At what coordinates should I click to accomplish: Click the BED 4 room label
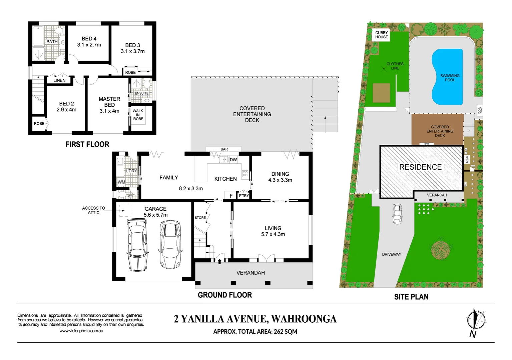click(89, 39)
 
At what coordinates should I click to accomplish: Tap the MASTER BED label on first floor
click(109, 102)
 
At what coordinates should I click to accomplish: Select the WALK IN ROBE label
click(138, 115)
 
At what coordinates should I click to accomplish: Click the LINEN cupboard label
click(59, 80)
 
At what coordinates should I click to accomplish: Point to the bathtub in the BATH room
click(38, 36)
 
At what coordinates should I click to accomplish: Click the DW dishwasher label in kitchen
click(233, 160)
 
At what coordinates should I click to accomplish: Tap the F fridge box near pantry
click(231, 196)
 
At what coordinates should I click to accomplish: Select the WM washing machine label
click(121, 182)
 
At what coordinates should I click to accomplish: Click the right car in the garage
click(170, 244)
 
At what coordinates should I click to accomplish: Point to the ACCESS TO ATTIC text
click(93, 210)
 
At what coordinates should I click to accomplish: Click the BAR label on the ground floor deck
click(224, 149)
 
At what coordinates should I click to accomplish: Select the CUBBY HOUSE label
click(382, 35)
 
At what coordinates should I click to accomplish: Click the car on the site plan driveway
click(397, 214)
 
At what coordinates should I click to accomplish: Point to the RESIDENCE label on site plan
click(420, 167)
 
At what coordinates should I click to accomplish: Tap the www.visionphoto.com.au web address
click(81, 331)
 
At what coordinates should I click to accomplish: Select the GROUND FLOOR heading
click(225, 295)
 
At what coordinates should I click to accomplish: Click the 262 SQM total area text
click(285, 332)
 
